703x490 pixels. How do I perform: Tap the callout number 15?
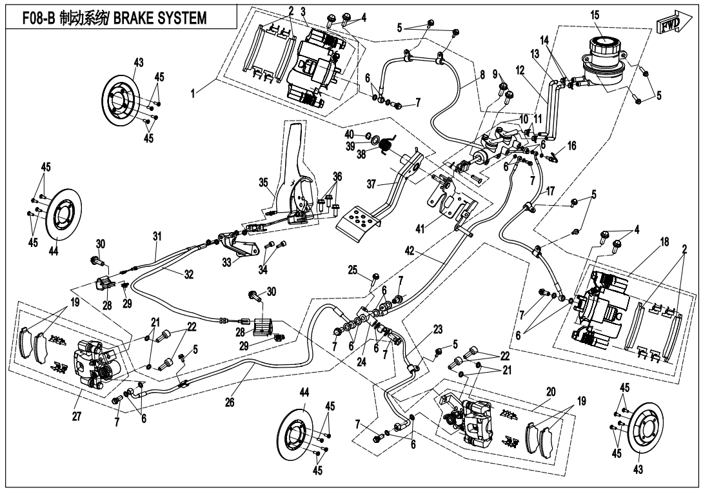594,14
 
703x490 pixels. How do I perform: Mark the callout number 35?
264,182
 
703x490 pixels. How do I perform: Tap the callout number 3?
303,12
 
